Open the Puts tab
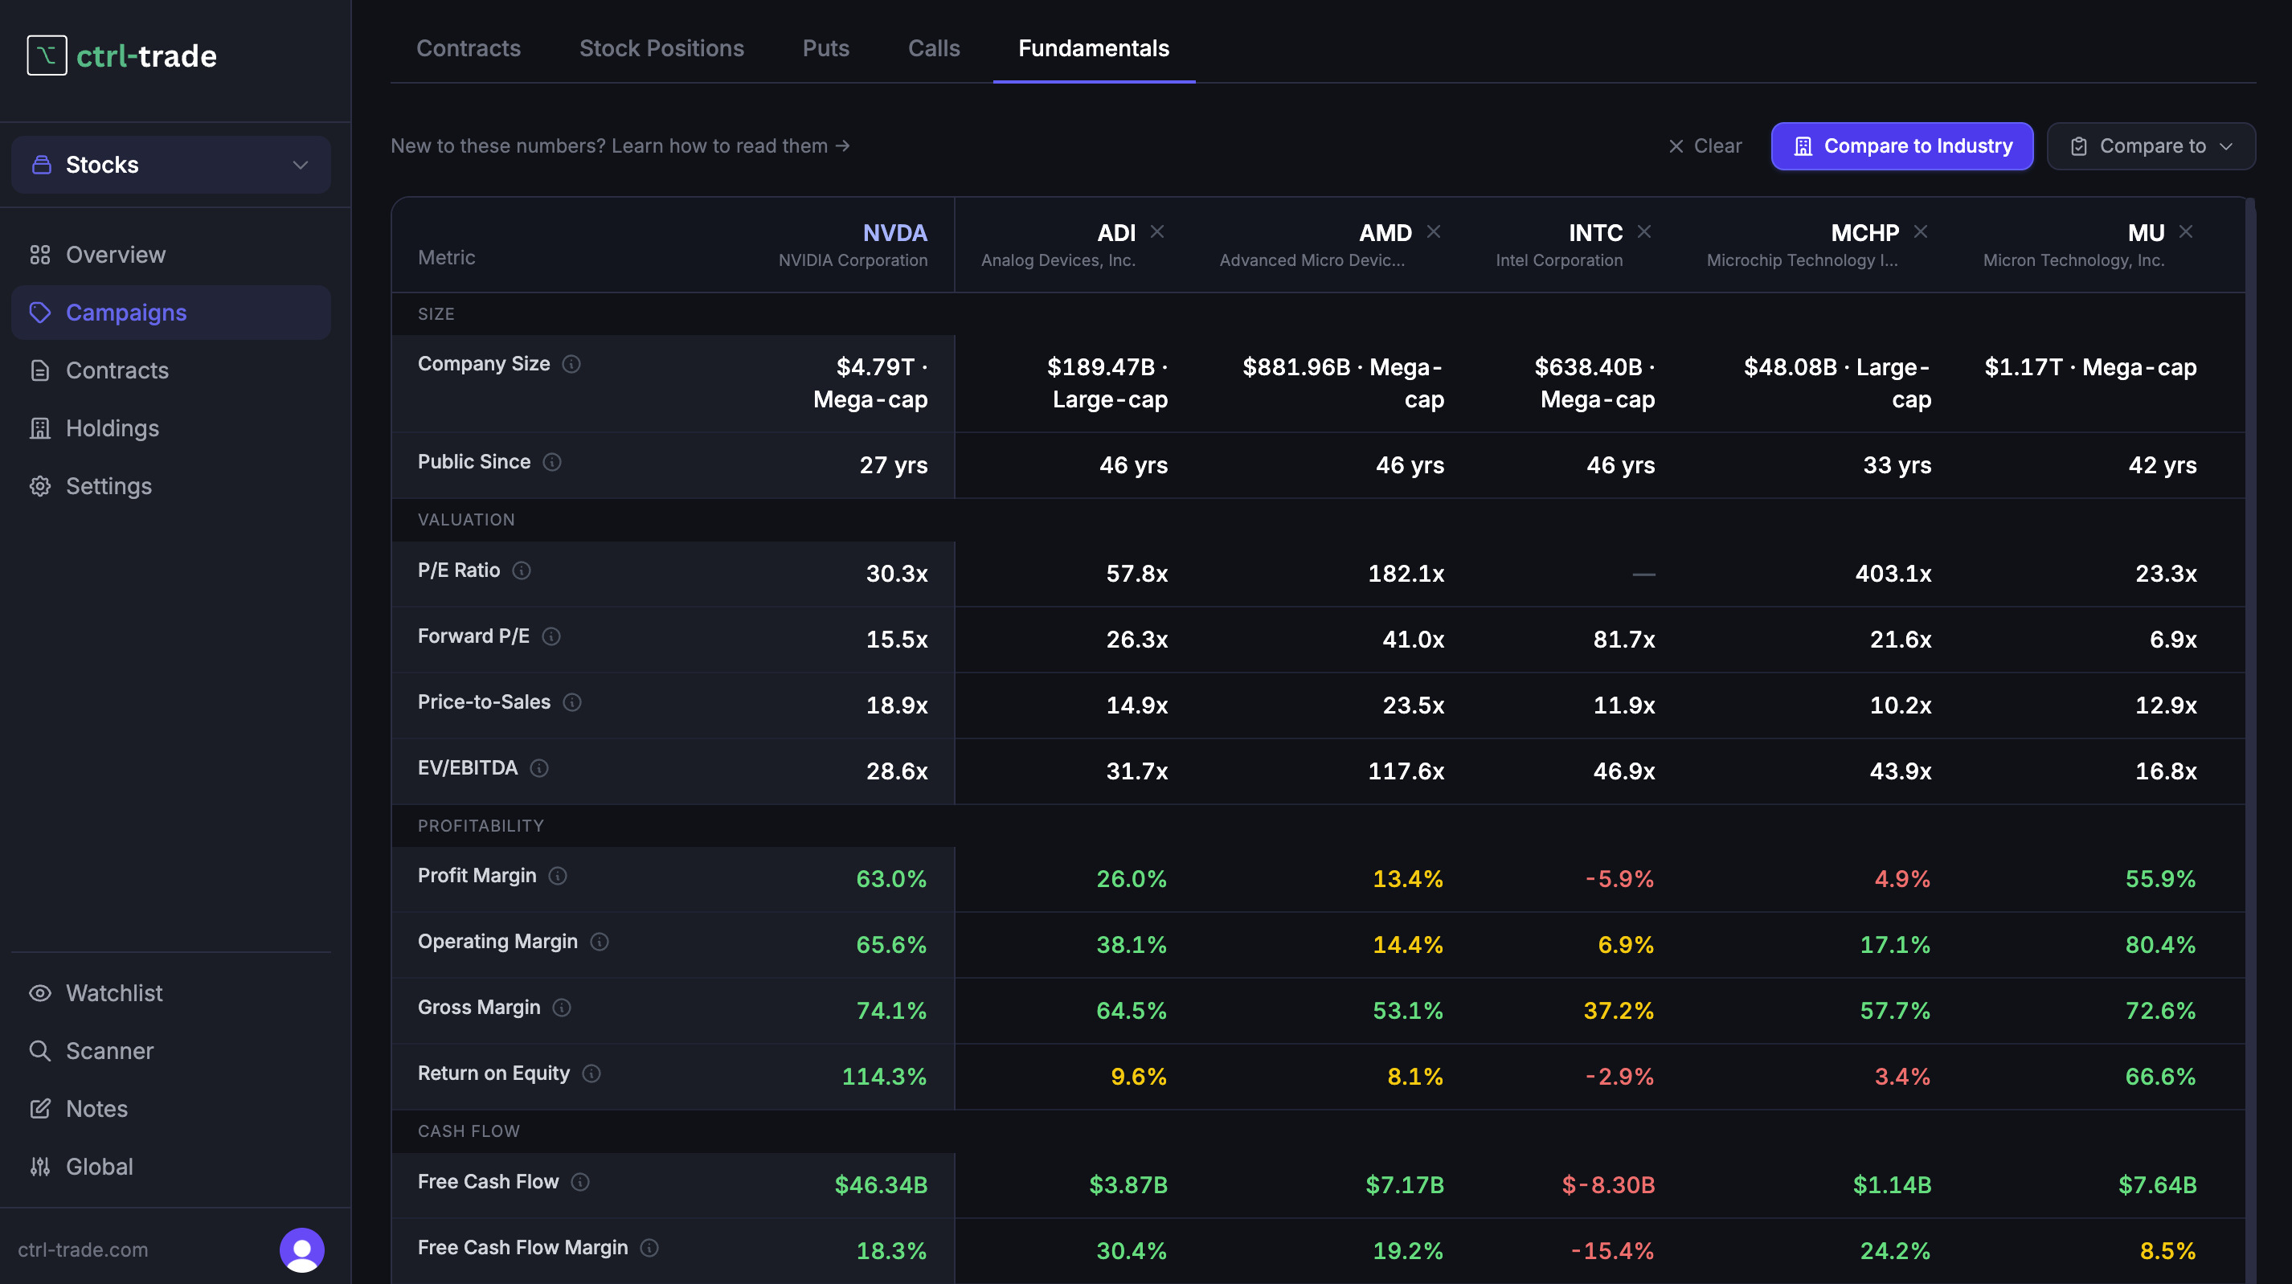coord(825,48)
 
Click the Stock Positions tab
coord(661,48)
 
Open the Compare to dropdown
coord(2151,146)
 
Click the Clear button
coord(1705,146)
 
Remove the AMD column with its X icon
coord(1434,231)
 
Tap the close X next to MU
coord(2185,231)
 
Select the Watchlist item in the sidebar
coord(113,993)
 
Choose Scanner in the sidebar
coord(109,1051)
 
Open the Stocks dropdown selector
coord(171,165)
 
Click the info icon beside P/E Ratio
coord(522,570)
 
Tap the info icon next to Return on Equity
coord(591,1073)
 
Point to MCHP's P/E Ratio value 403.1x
coord(1893,573)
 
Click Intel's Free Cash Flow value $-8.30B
coord(1608,1184)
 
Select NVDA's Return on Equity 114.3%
coord(883,1076)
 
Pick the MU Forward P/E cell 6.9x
coord(2173,639)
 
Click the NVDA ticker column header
coord(894,232)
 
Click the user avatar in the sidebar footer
coord(301,1249)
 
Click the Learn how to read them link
coord(731,145)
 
